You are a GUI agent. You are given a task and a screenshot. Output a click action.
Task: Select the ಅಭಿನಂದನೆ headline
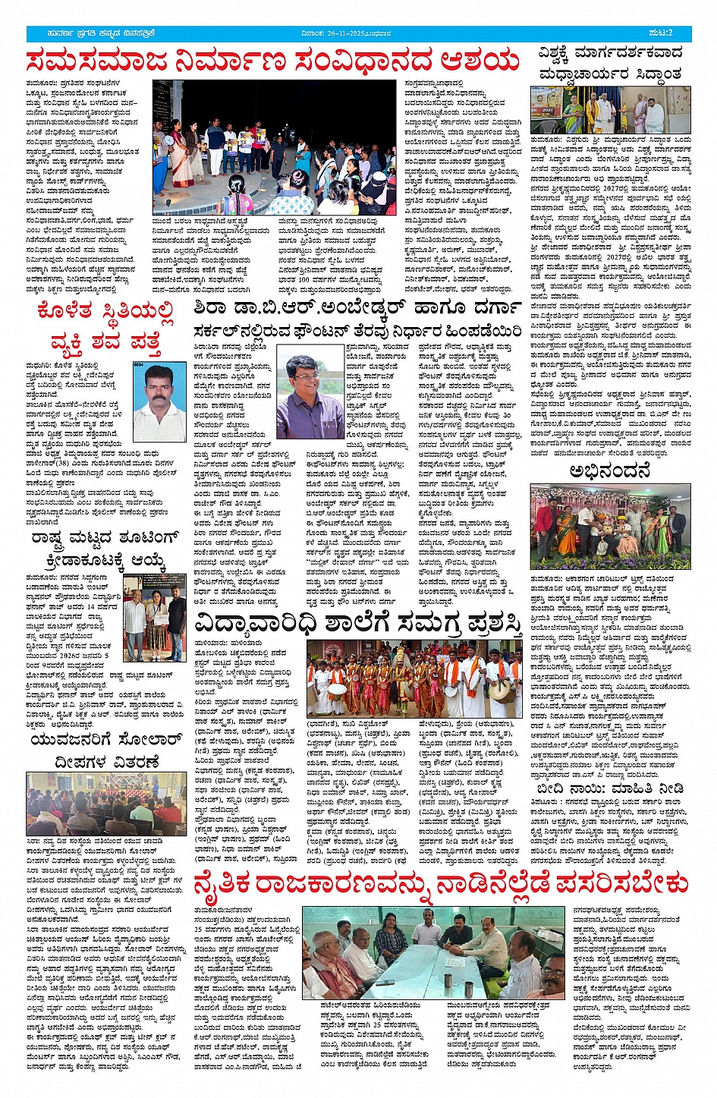609,470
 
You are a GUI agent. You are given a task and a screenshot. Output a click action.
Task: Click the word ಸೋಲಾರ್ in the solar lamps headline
146,739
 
